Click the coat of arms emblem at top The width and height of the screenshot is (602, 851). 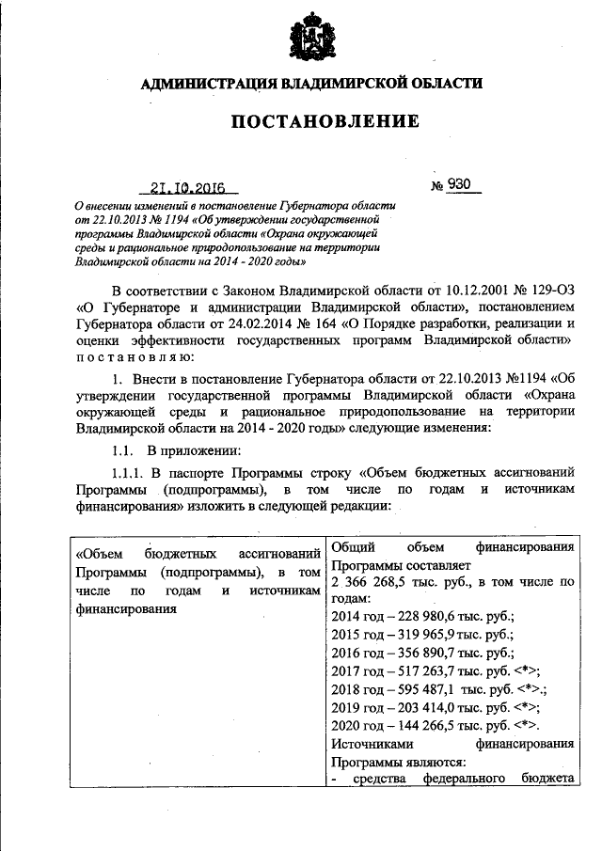pyautogui.click(x=311, y=38)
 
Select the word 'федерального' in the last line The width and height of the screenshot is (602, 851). pyautogui.click(x=457, y=780)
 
